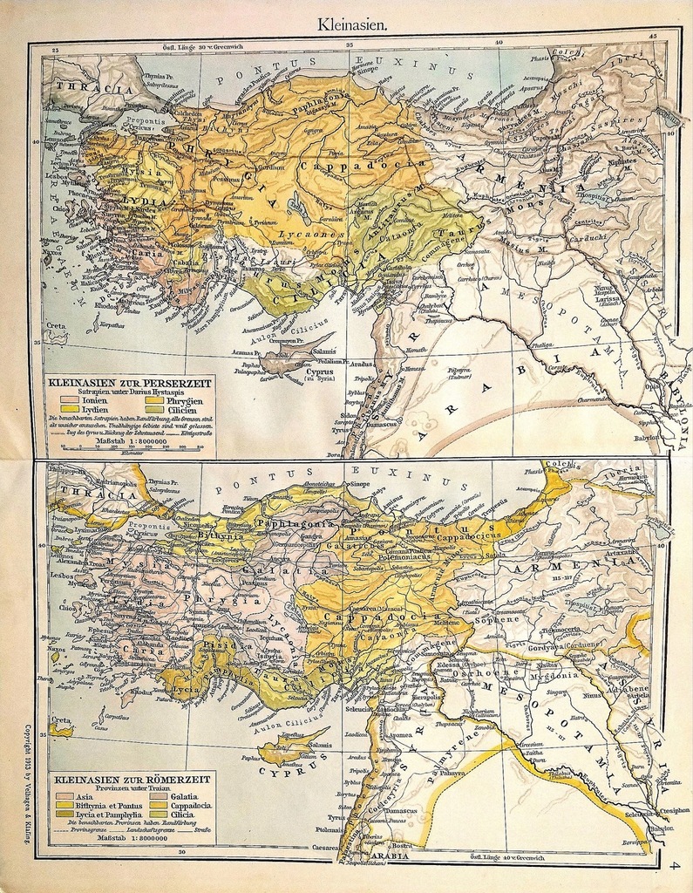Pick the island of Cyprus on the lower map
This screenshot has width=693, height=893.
tap(291, 746)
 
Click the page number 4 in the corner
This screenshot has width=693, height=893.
tap(674, 865)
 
